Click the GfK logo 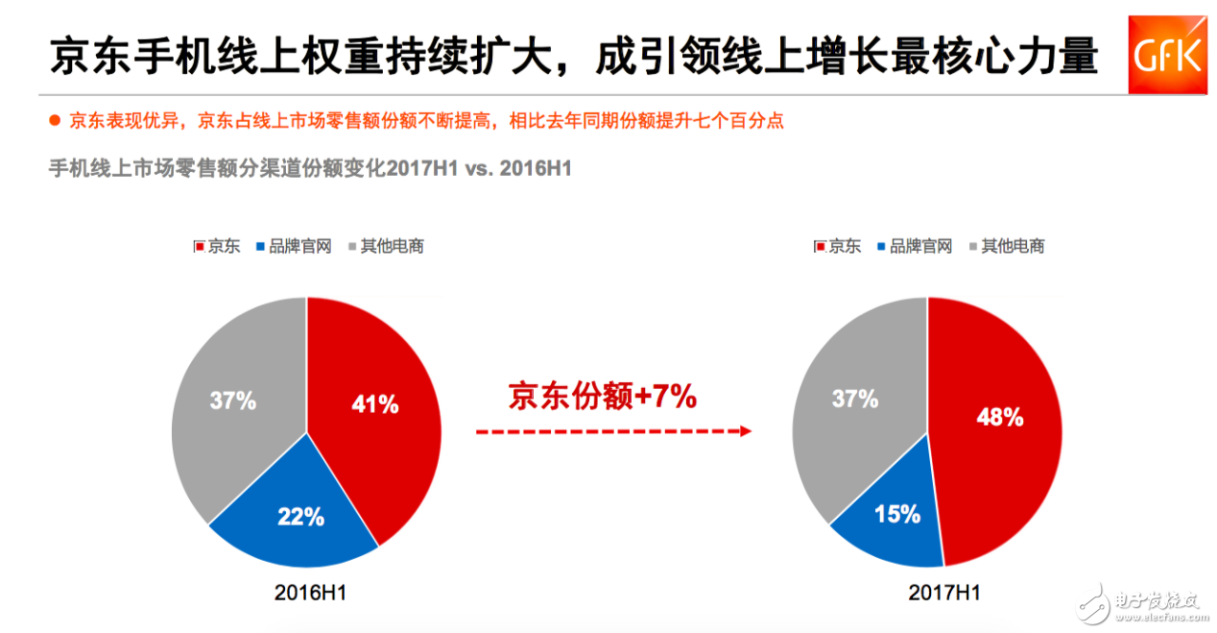click(x=1167, y=55)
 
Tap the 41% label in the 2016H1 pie click(x=375, y=404)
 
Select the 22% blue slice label click(x=300, y=517)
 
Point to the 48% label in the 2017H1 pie click(x=999, y=417)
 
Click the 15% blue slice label click(x=897, y=514)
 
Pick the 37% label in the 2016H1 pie click(x=232, y=401)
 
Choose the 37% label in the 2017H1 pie click(x=854, y=398)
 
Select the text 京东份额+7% click(x=602, y=396)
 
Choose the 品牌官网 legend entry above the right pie click(x=914, y=246)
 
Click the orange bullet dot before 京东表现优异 click(x=55, y=121)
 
